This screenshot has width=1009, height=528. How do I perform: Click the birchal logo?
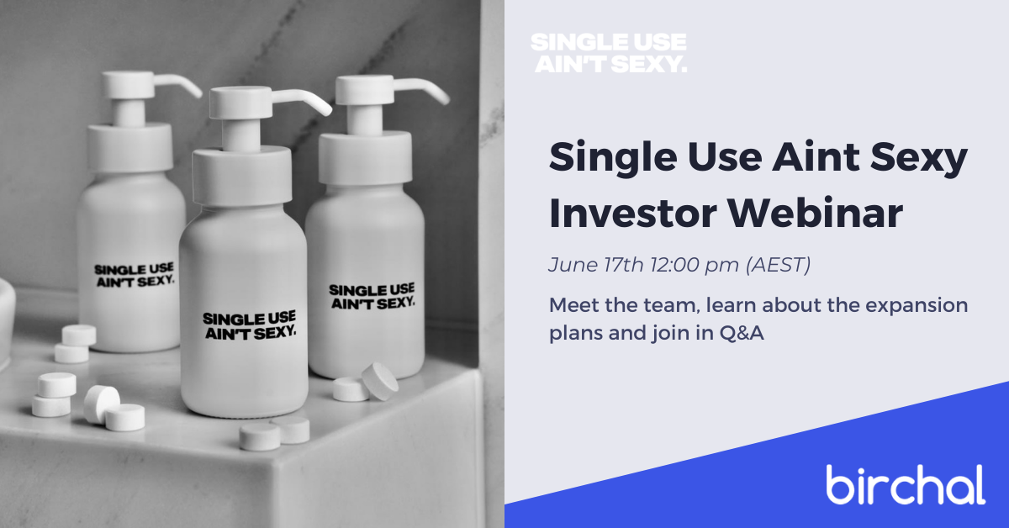click(x=906, y=485)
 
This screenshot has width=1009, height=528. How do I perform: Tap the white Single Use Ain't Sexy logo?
click(x=609, y=53)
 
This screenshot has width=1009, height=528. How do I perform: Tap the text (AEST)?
click(x=779, y=265)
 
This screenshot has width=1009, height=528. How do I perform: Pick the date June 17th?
click(x=596, y=265)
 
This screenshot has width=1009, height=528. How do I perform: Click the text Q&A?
click(x=742, y=333)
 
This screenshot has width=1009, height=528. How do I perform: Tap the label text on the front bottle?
click(x=250, y=325)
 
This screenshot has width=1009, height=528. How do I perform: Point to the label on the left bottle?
click(x=135, y=275)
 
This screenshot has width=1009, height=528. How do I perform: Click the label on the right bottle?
click(x=372, y=297)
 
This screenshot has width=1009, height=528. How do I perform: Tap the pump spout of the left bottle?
click(x=178, y=85)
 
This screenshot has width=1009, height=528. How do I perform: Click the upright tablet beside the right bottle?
click(x=380, y=381)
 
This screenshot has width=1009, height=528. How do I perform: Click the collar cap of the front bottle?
click(x=242, y=176)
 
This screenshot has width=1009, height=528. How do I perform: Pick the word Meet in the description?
click(x=573, y=305)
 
